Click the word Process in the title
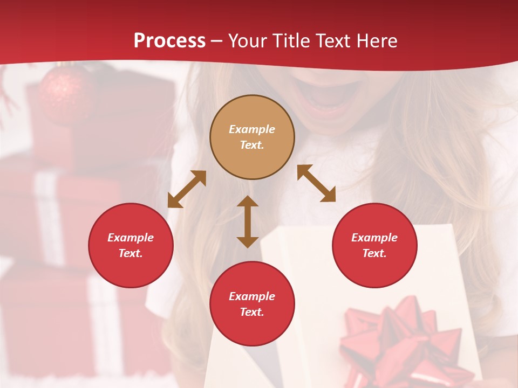click(x=169, y=40)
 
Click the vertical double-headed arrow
click(x=248, y=221)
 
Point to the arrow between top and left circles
click(x=187, y=189)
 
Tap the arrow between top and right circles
click(x=316, y=183)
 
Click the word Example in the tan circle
click(x=252, y=129)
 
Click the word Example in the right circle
click(x=374, y=238)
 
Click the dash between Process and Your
click(x=217, y=41)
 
